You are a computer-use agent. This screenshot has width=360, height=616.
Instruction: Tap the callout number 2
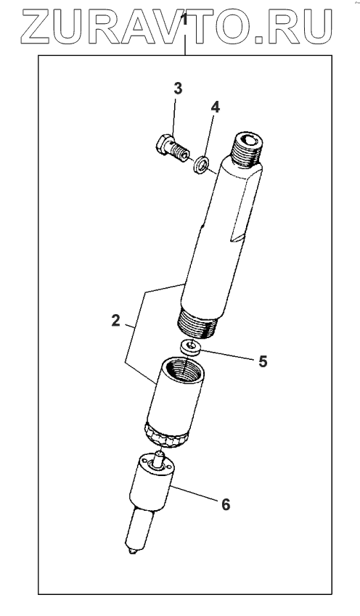pyautogui.click(x=115, y=321)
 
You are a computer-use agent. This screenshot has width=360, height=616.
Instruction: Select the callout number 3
pyautogui.click(x=178, y=89)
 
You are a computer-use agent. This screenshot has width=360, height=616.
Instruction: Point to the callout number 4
pyautogui.click(x=215, y=107)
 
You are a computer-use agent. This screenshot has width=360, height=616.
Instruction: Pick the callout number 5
pyautogui.click(x=263, y=361)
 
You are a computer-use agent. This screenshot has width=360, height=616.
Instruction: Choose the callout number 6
pyautogui.click(x=226, y=504)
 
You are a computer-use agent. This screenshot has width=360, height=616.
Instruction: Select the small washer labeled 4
pyautogui.click(x=200, y=164)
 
